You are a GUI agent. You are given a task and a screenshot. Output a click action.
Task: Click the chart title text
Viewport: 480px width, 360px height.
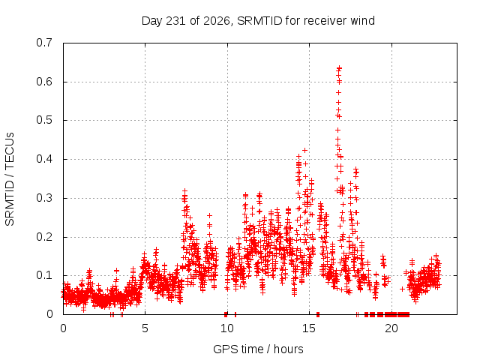click(258, 21)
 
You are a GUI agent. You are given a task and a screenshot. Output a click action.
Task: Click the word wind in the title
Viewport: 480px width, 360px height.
click(362, 20)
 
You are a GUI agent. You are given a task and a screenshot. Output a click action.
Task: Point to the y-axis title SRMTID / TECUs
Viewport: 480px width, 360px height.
click(10, 179)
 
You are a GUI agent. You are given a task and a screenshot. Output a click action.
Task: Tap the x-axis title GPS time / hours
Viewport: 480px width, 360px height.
click(258, 349)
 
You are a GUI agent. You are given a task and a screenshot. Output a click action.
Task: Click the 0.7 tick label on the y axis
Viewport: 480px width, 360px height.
click(44, 43)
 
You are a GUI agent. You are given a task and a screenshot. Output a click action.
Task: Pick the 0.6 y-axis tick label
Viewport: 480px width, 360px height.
click(44, 82)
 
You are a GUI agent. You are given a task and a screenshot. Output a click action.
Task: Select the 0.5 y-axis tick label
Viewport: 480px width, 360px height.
click(44, 120)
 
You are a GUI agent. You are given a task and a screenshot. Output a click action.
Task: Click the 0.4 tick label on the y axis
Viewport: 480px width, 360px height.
click(44, 159)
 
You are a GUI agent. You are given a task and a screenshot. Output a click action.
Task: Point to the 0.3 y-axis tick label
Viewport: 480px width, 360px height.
click(44, 198)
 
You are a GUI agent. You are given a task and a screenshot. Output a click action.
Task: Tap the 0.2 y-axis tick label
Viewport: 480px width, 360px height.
click(44, 237)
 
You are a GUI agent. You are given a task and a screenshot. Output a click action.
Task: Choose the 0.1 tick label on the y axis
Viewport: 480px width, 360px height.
click(44, 275)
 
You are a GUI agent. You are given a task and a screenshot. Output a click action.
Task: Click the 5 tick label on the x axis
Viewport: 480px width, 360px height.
click(145, 328)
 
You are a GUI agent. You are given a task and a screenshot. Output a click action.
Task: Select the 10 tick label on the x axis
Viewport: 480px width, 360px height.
click(226, 328)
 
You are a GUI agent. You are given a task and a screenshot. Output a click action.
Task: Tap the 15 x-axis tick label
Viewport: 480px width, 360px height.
click(309, 328)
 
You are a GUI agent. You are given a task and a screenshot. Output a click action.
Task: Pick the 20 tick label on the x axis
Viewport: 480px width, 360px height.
click(391, 328)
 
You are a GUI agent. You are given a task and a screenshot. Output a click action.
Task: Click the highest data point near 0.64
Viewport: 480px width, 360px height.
click(339, 68)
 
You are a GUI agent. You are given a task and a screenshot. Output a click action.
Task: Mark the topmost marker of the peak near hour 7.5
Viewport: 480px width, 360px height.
click(184, 191)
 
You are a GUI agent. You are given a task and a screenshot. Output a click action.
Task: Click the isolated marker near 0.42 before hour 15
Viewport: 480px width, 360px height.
click(304, 150)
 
